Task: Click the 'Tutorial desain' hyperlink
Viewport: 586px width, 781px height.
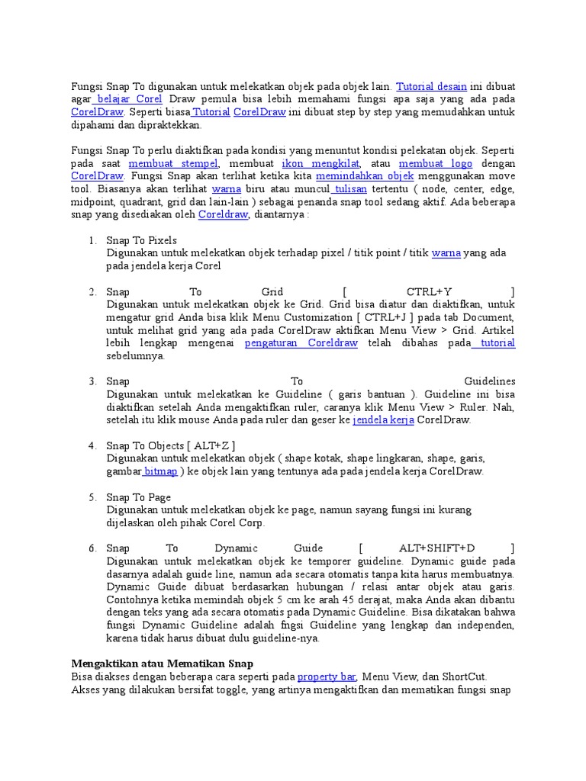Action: (431, 87)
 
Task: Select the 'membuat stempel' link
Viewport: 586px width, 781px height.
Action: (173, 163)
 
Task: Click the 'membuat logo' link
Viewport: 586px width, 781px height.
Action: (436, 163)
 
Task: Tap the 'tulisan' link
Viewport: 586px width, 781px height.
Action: (350, 188)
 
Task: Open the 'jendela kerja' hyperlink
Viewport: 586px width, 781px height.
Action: (383, 420)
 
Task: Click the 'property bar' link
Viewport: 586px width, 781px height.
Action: (327, 677)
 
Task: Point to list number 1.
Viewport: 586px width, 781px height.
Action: (92, 240)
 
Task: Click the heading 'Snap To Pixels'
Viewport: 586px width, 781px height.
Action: (141, 240)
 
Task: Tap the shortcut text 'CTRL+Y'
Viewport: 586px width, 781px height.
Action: (429, 292)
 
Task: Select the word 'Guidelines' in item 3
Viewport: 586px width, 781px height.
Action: (489, 381)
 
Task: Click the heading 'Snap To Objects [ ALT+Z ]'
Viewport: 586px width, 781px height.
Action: (170, 445)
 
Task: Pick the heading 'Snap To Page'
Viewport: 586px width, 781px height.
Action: (138, 497)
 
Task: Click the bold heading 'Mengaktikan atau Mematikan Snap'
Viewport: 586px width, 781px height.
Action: (162, 664)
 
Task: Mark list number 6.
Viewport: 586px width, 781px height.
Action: (92, 548)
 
